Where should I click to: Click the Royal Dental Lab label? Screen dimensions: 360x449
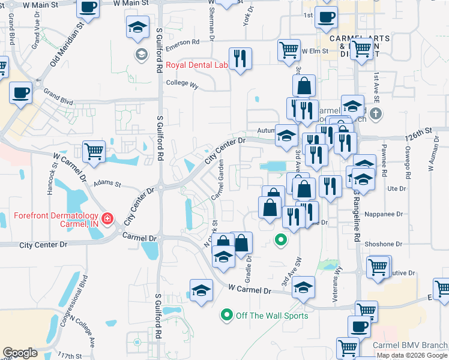coord(197,65)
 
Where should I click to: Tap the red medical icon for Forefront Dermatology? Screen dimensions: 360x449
coord(107,218)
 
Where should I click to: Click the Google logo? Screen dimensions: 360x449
coord(20,353)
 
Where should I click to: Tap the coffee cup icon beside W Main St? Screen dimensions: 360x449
coord(88,8)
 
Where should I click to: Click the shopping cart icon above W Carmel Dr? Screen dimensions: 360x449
coord(94,151)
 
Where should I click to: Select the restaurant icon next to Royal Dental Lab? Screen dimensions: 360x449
coord(241,59)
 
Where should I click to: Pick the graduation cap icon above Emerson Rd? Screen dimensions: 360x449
coord(137,27)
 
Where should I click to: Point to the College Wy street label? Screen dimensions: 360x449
coord(182,85)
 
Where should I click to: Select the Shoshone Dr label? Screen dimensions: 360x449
coord(382,244)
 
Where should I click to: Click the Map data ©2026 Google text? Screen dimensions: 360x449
coord(412,355)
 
